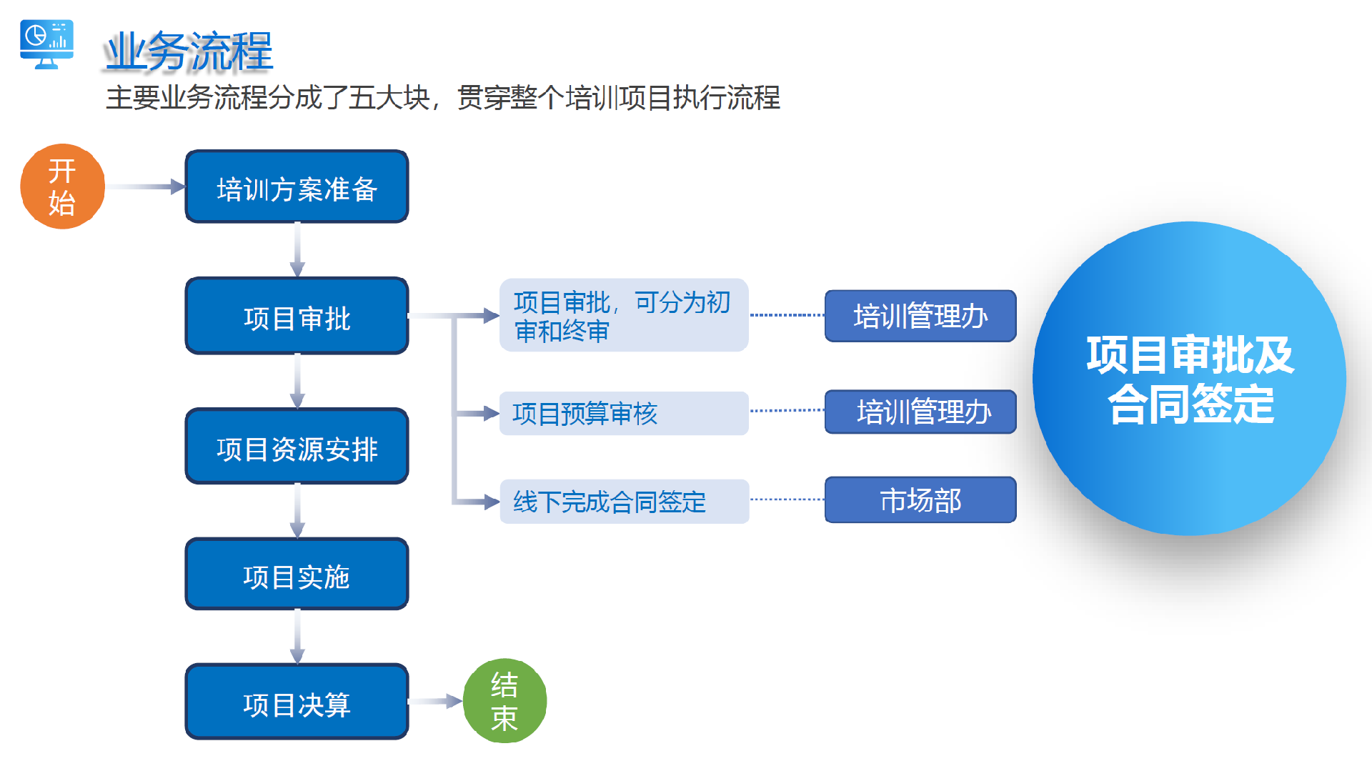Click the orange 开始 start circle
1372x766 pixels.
pos(63,186)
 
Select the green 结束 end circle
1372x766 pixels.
pos(504,701)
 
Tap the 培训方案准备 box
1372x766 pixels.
pos(297,187)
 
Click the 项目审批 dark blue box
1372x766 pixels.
pos(297,316)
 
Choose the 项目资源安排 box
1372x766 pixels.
pos(297,447)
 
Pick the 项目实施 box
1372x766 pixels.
pos(297,574)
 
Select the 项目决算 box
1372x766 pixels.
pos(297,702)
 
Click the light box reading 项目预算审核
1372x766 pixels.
pos(623,413)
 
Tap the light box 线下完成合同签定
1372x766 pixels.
pos(623,502)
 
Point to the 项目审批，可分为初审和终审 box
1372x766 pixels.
pos(623,315)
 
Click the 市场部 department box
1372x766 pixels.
pos(920,500)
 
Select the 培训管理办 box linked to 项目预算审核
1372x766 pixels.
pos(920,412)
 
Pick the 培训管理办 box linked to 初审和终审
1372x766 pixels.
pos(920,316)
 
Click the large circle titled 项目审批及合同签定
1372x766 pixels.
pos(1189,379)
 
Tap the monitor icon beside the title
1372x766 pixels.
pos(47,44)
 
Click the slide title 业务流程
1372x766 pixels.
pos(189,51)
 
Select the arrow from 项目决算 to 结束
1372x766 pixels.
pos(435,702)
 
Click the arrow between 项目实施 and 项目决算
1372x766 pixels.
pos(297,637)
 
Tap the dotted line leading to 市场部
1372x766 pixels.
pos(787,499)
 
